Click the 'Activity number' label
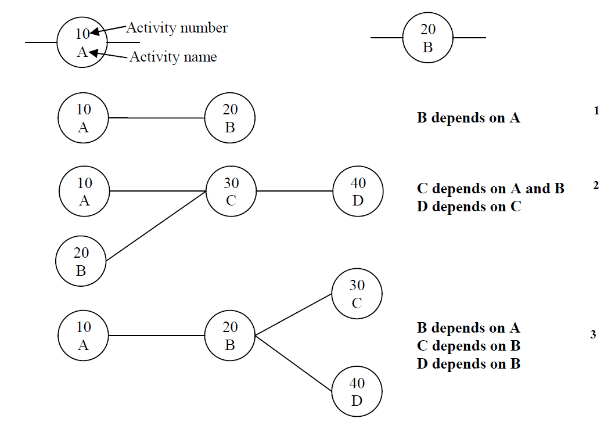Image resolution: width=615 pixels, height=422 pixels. tap(177, 27)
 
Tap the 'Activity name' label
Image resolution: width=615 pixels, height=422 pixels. tap(173, 57)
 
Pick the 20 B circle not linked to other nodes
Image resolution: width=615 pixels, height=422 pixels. tap(428, 38)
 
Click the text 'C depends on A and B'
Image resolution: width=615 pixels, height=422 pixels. tap(490, 189)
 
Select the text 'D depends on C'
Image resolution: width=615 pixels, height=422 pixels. tap(469, 207)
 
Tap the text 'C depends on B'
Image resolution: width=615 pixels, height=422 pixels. tap(468, 346)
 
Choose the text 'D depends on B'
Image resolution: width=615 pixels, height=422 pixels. tap(468, 364)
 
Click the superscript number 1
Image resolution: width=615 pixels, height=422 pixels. tap(596, 110)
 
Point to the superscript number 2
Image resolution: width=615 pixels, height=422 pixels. tap(596, 186)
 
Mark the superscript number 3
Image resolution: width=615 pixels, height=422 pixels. tap(592, 335)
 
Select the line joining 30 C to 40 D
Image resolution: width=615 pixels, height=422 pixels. tap(294, 191)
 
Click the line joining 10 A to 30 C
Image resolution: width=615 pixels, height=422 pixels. tap(158, 191)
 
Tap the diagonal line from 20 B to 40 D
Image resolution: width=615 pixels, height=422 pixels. tap(294, 363)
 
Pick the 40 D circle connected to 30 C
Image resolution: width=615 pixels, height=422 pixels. tap(358, 191)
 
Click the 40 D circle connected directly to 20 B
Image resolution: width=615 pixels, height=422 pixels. tap(357, 392)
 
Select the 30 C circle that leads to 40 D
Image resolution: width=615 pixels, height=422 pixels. tap(231, 191)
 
